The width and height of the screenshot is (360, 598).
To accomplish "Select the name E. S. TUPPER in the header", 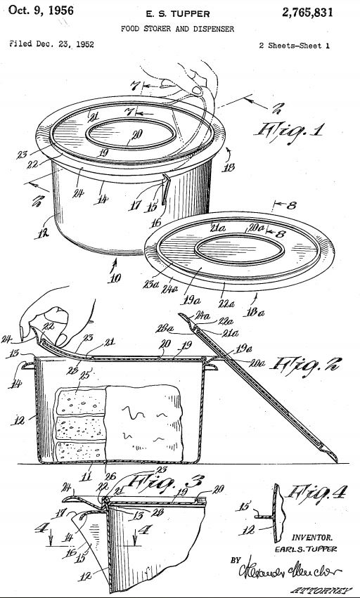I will pyautogui.click(x=181, y=13).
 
